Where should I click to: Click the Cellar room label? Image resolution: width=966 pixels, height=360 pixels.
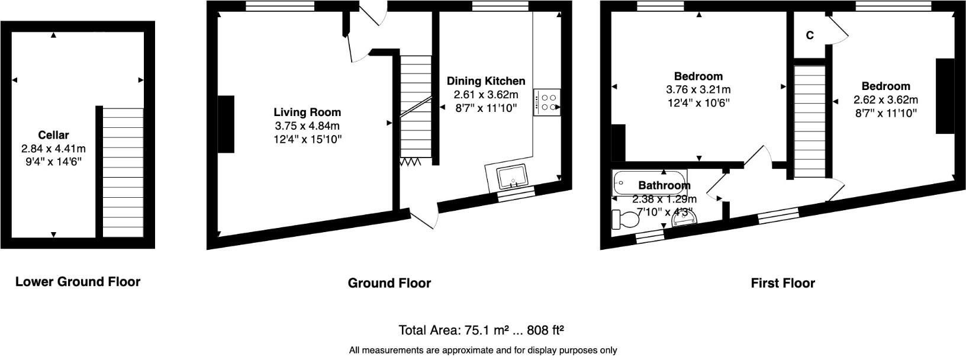click(x=53, y=135)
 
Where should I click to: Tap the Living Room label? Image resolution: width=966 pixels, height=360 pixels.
click(x=307, y=112)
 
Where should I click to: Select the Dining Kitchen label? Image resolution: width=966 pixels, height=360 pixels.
click(x=485, y=81)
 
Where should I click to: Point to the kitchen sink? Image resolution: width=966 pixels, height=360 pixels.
click(x=512, y=176)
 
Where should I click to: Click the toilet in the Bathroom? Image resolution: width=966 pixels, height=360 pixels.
click(x=626, y=219)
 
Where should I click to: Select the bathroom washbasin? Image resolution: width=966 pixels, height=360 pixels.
click(x=685, y=219)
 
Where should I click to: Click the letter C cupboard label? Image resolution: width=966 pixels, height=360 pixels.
click(x=809, y=36)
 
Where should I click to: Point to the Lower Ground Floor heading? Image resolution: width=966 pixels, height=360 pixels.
click(x=78, y=282)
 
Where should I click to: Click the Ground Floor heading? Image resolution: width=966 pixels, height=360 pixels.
click(x=389, y=283)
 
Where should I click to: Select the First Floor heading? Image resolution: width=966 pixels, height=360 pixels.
click(x=783, y=283)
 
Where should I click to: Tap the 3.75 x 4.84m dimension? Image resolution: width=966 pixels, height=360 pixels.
click(x=307, y=126)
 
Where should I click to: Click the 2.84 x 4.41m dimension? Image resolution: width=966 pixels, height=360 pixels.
click(x=53, y=148)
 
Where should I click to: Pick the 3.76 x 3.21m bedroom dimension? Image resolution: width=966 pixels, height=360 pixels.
click(x=698, y=90)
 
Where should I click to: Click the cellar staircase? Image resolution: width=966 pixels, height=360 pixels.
click(x=123, y=172)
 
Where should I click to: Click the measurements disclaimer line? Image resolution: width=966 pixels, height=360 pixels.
click(x=482, y=350)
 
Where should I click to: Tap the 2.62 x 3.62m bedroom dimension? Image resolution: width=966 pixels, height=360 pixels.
click(x=885, y=100)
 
